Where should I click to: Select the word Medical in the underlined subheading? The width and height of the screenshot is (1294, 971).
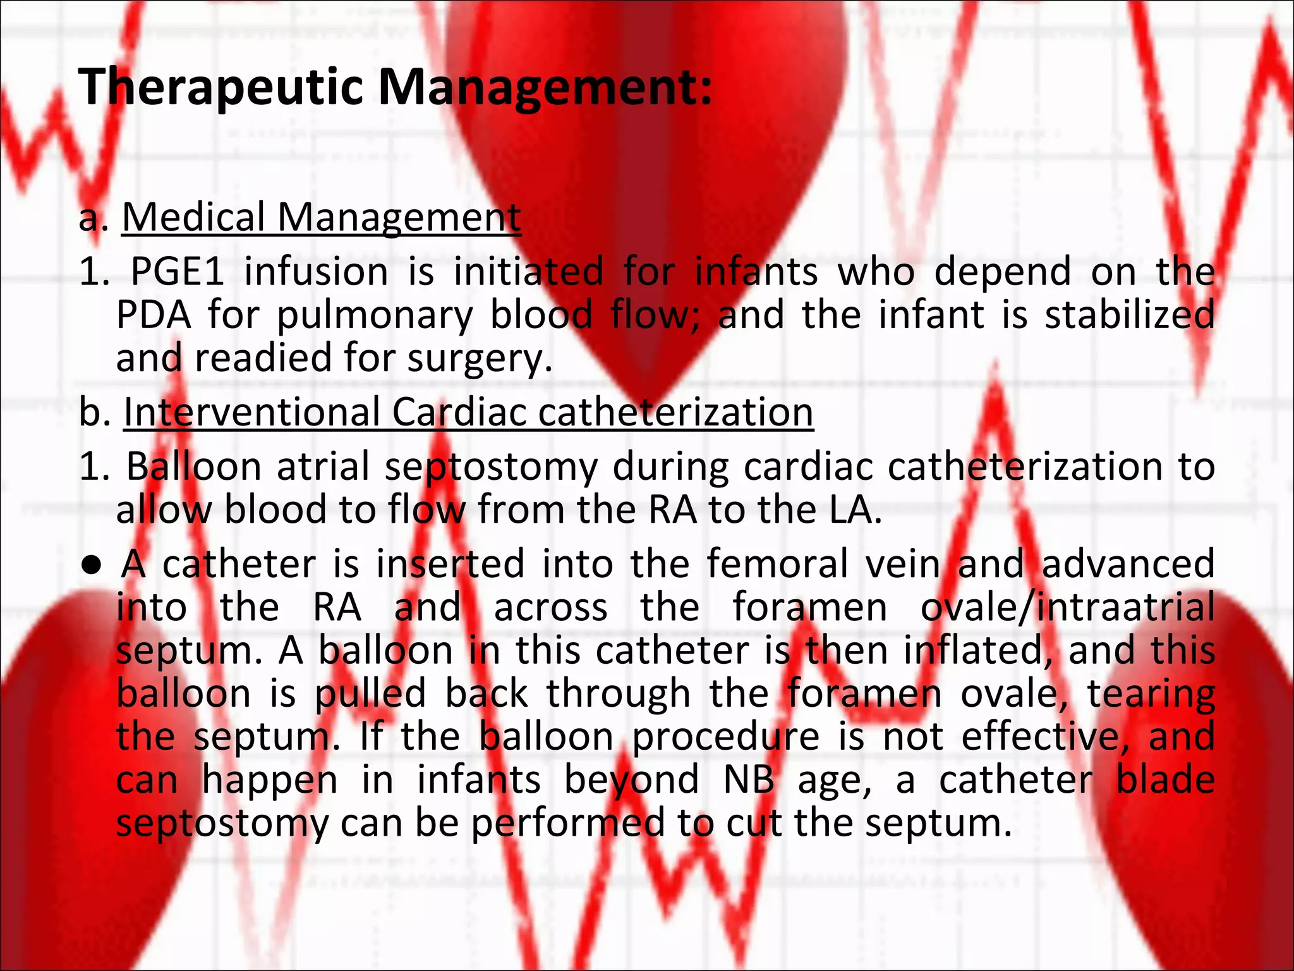[193, 217]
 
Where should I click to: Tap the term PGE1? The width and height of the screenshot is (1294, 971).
[178, 272]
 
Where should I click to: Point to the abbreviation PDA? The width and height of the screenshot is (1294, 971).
[154, 315]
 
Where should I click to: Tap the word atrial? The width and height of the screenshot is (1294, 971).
[323, 467]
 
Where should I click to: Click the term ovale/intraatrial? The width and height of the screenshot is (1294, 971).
[1067, 608]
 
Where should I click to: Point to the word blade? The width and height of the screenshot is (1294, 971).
[1164, 780]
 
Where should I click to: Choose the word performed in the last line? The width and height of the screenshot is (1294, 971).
[567, 824]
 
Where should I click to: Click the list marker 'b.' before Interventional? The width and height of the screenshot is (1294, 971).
[95, 412]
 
